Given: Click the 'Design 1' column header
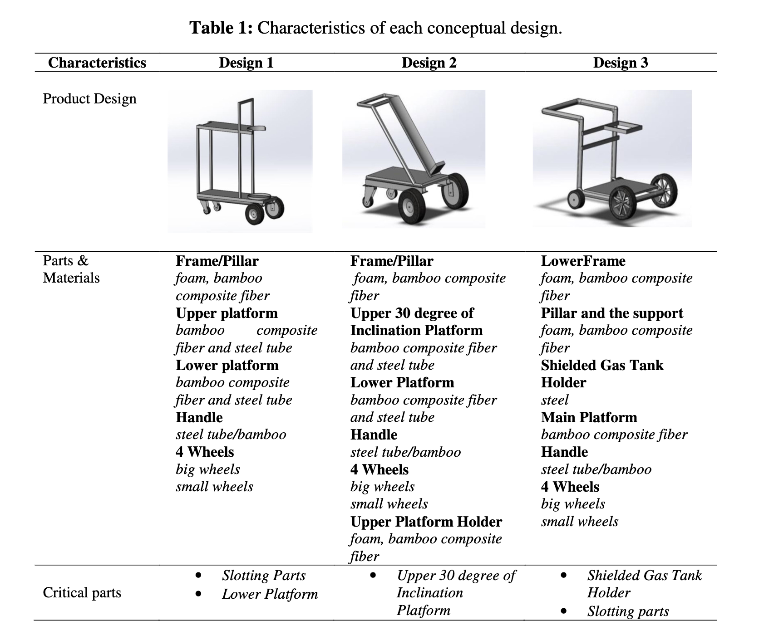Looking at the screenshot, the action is (x=246, y=63).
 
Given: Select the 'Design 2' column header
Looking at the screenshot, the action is (x=429, y=63).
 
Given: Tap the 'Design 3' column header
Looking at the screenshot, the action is (x=621, y=63).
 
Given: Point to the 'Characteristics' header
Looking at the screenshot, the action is (x=97, y=63).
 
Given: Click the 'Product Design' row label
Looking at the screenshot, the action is (x=89, y=99).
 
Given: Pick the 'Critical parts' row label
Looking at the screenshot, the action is (x=82, y=593).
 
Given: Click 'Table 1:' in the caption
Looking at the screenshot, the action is (x=221, y=28).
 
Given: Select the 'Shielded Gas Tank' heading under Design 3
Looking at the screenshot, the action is (x=602, y=365).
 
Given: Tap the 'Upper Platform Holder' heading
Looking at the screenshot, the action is (x=426, y=522).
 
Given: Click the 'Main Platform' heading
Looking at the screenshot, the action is (x=589, y=417).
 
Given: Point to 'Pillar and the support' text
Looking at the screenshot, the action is (x=612, y=313).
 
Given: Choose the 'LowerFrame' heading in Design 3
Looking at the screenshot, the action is (x=583, y=261).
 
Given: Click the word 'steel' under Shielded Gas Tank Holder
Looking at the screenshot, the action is (x=555, y=400).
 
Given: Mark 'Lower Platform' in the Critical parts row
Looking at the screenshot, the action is (x=270, y=594).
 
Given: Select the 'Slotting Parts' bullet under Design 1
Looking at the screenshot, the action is (x=264, y=576).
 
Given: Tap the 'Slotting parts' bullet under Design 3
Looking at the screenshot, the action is (x=628, y=611).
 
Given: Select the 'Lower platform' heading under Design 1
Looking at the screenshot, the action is (x=227, y=365).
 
